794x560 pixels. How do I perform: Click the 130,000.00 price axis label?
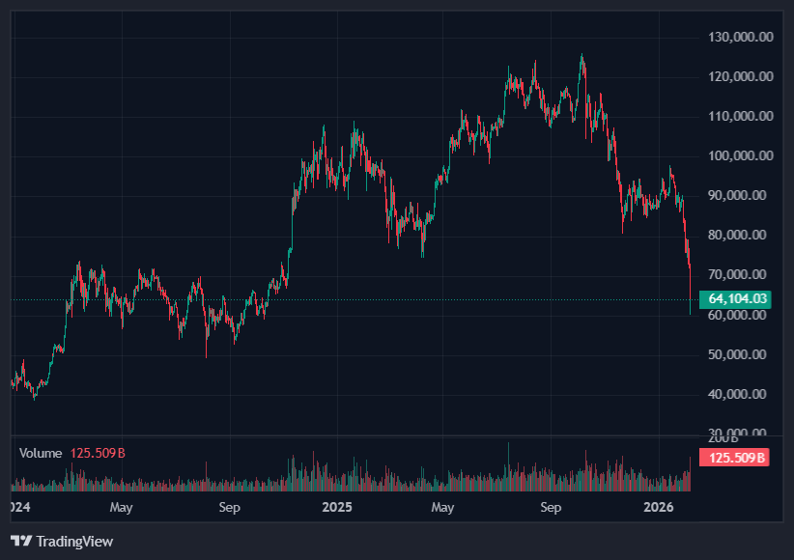(741, 37)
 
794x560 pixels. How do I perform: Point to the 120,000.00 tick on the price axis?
(741, 76)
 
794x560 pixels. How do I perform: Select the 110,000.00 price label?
(741, 116)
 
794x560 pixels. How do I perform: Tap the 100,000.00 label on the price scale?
(741, 155)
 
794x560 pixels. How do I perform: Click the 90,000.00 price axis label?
(741, 195)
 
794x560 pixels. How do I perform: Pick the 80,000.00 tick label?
(741, 235)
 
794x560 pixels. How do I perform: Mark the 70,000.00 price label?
(741, 274)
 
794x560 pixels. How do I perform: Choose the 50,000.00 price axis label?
(741, 354)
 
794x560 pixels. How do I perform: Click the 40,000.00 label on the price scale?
(741, 394)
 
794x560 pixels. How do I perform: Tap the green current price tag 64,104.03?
(737, 299)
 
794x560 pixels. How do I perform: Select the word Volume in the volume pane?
(41, 453)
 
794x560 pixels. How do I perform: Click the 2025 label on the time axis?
(337, 506)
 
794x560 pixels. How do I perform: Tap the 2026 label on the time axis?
(658, 506)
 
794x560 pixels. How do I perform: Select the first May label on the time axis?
(121, 506)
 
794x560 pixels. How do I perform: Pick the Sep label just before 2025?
(229, 506)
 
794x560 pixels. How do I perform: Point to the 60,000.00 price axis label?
(741, 315)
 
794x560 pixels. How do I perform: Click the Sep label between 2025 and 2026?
(551, 506)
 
